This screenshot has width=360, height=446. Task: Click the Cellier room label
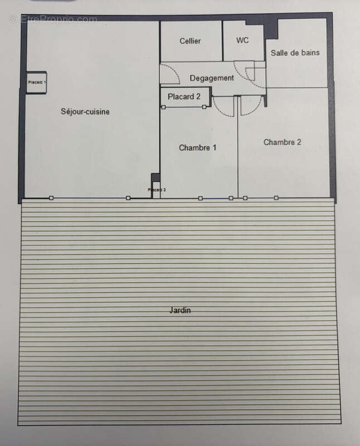coord(190,41)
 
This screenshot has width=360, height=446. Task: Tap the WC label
coord(242,40)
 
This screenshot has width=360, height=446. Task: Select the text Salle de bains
coord(295,53)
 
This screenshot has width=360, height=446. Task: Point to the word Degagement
coord(212,78)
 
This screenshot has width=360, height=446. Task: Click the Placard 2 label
coord(184,96)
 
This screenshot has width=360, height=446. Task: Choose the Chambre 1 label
coord(197,148)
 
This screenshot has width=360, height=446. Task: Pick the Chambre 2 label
coord(282,142)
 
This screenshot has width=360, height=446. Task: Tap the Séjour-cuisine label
coord(85,111)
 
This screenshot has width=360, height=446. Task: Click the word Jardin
coord(180,310)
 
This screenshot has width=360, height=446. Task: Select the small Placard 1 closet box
coord(37,83)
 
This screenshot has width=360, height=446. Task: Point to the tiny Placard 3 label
coord(157,190)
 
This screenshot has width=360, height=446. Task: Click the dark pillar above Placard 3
coord(155,177)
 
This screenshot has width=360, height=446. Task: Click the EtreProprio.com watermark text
coord(53,19)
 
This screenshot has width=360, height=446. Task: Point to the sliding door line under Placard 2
coord(183,107)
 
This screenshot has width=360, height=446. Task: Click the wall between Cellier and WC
coord(222,41)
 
